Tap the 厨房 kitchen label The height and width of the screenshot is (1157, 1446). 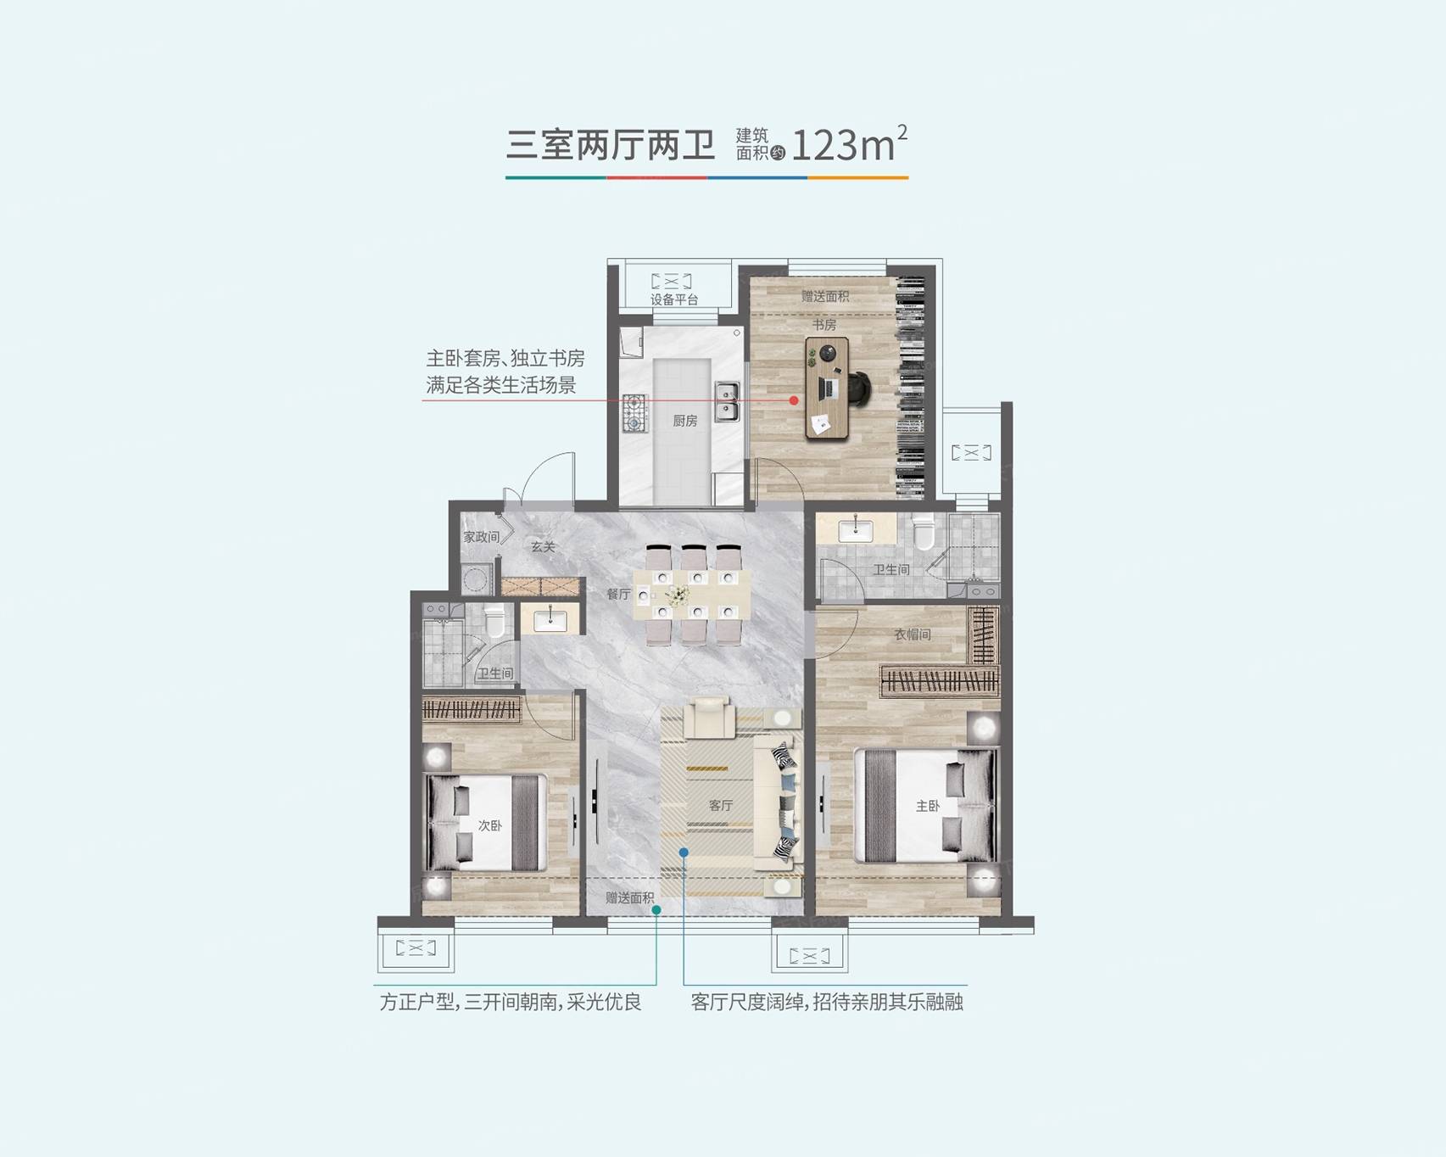click(x=684, y=421)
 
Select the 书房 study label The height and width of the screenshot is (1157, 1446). click(x=823, y=325)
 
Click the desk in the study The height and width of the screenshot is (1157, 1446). click(x=828, y=388)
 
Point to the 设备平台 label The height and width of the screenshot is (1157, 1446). click(x=674, y=299)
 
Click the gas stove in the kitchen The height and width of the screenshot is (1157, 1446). click(x=634, y=413)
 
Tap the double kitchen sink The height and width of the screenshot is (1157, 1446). click(x=727, y=402)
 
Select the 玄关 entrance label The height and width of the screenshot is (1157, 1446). click(x=543, y=547)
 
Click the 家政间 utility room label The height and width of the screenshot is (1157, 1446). click(x=481, y=537)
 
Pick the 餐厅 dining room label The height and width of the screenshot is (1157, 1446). click(x=618, y=594)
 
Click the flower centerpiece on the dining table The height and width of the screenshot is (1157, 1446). click(x=678, y=595)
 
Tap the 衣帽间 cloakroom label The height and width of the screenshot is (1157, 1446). click(x=913, y=634)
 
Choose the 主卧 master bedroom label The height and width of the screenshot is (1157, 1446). click(x=928, y=806)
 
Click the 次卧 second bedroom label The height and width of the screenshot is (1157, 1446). click(x=489, y=825)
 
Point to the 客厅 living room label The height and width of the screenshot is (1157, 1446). click(x=720, y=805)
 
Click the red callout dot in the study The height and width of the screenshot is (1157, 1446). click(x=794, y=400)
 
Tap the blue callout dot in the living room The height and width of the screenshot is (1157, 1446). click(x=684, y=852)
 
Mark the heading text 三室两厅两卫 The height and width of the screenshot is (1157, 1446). click(x=611, y=145)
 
